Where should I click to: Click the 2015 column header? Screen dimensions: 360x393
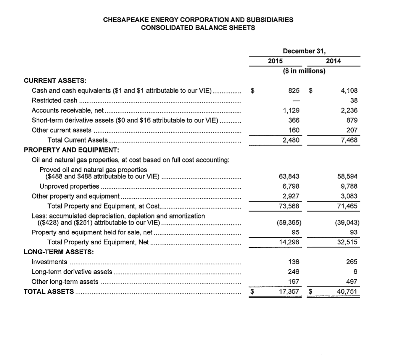pyautogui.click(x=275, y=61)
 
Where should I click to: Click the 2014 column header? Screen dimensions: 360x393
pyautogui.click(x=333, y=61)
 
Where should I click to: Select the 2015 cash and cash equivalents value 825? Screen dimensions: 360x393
pyautogui.click(x=294, y=91)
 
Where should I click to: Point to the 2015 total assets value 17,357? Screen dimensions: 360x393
pyautogui.click(x=289, y=292)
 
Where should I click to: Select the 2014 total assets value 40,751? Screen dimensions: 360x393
pyautogui.click(x=347, y=292)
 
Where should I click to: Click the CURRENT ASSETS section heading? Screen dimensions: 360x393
pyautogui.click(x=55, y=81)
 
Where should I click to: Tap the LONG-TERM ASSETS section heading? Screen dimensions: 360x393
pyautogui.click(x=59, y=252)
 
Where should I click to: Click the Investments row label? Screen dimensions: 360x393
pyautogui.click(x=49, y=262)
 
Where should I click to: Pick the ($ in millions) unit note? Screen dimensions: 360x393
pyautogui.click(x=304, y=71)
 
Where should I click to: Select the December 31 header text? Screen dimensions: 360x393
pyautogui.click(x=304, y=51)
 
